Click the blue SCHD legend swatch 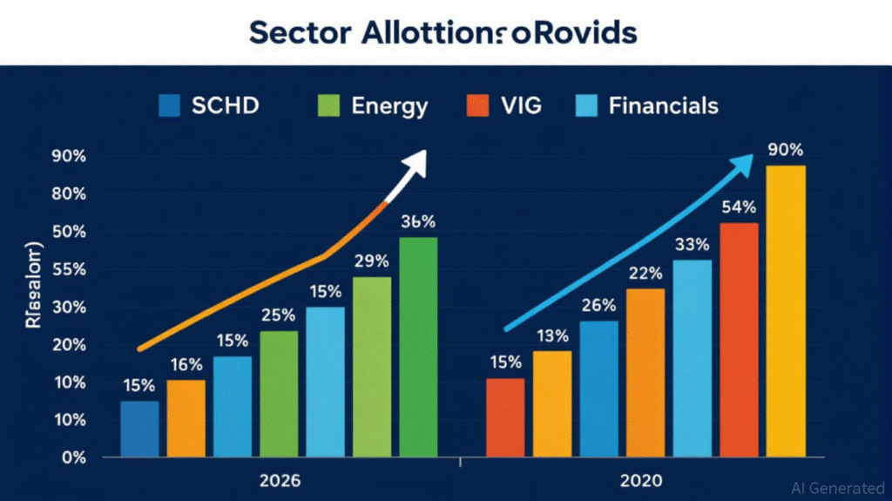169,105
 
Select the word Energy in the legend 389,106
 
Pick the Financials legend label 664,106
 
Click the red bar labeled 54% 739,340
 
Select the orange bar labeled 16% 186,418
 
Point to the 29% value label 371,261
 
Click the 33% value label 693,243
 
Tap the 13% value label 552,335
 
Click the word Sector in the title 296,32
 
